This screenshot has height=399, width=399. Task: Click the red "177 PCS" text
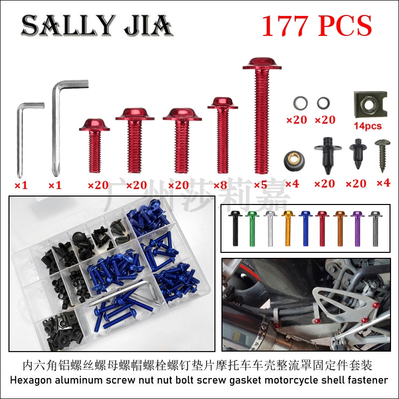pos(317,26)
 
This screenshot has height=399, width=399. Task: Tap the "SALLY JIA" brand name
pos(97,25)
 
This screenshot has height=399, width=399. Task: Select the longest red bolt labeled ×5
pos(262,116)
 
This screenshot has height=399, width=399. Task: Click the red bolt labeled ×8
pos(222,135)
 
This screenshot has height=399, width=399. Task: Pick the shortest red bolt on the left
pos(95,145)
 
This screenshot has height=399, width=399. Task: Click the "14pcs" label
pos(368,126)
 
